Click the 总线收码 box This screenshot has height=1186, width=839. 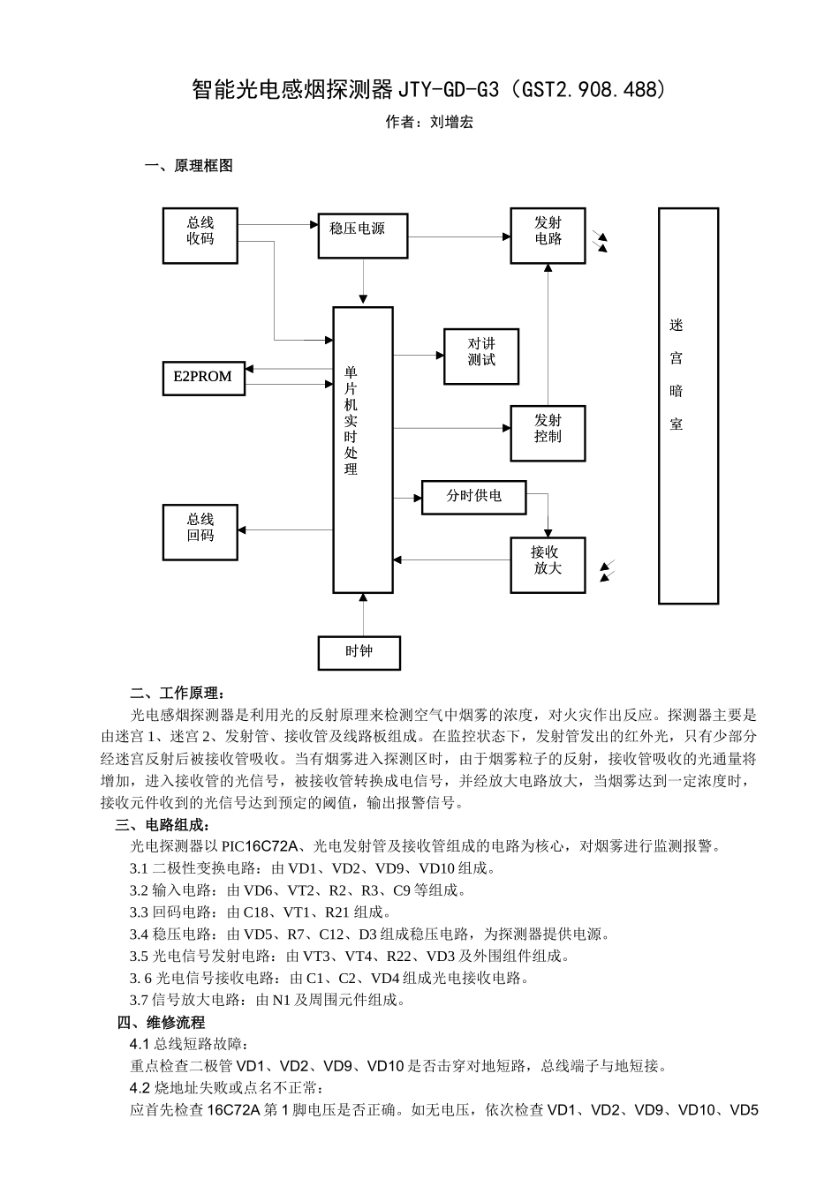[x=200, y=236]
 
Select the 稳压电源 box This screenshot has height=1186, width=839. [x=363, y=236]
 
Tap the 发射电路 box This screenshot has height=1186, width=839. [x=548, y=236]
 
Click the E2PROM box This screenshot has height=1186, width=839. [x=202, y=377]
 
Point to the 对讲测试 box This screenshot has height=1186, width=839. [x=481, y=357]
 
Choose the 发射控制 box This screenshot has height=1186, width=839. [x=548, y=432]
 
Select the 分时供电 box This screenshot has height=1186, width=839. [x=474, y=497]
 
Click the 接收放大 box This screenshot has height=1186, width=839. [x=548, y=565]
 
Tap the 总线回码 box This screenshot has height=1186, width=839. [x=200, y=532]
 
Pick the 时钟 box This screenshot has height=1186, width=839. [x=359, y=653]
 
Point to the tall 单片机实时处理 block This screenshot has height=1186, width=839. [x=363, y=450]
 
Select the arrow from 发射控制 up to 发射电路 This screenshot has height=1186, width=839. [x=548, y=335]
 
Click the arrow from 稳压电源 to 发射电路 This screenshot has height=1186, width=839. [x=459, y=236]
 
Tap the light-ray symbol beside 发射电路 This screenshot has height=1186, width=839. [x=602, y=243]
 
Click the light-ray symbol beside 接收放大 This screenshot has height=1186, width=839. [x=607, y=571]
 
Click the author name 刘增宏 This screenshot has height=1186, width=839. [x=451, y=123]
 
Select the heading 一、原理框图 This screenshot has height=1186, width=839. [x=188, y=166]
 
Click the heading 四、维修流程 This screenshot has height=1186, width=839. [x=161, y=1023]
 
